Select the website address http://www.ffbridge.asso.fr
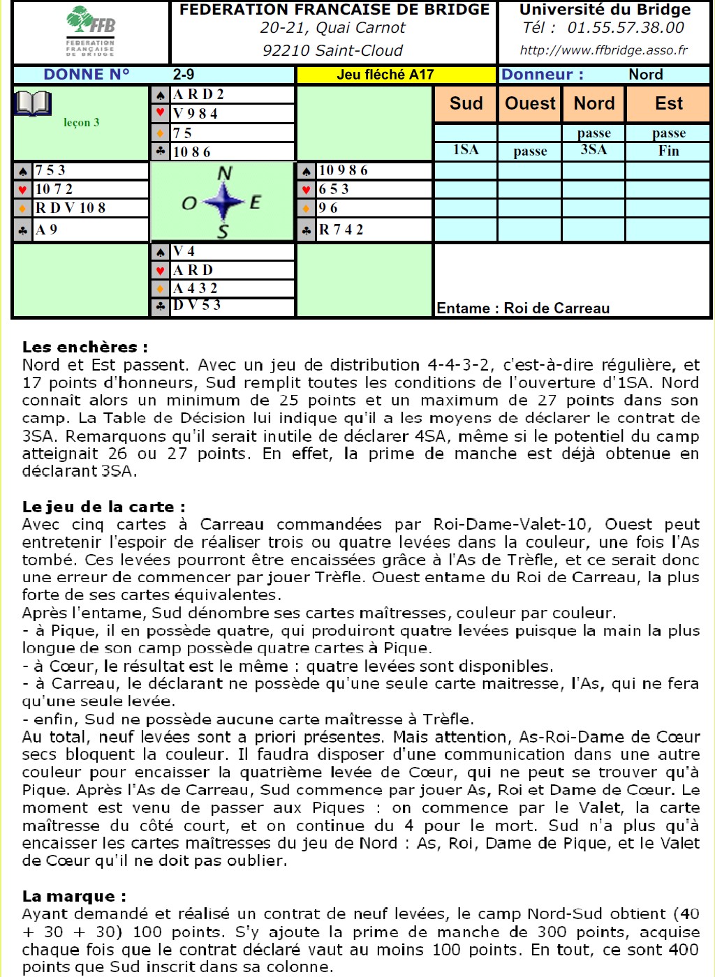pyautogui.click(x=603, y=50)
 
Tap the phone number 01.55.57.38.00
pyautogui.click(x=626, y=28)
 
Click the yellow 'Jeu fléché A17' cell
pyautogui.click(x=385, y=75)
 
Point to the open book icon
pyautogui.click(x=33, y=104)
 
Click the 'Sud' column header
pyautogui.click(x=466, y=103)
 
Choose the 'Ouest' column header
pyautogui.click(x=530, y=103)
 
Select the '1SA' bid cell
pyautogui.click(x=466, y=150)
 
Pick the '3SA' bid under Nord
pyautogui.click(x=594, y=150)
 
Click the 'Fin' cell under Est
pyautogui.click(x=668, y=151)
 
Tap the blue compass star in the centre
pyautogui.click(x=223, y=202)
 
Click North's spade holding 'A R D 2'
pyautogui.click(x=200, y=94)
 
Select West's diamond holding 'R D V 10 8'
pyautogui.click(x=71, y=208)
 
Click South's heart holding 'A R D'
pyautogui.click(x=193, y=270)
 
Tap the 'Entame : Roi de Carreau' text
pyautogui.click(x=523, y=308)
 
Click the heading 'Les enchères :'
pyautogui.click(x=85, y=347)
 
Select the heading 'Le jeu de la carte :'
pyautogui.click(x=104, y=507)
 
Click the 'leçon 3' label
pyautogui.click(x=82, y=122)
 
